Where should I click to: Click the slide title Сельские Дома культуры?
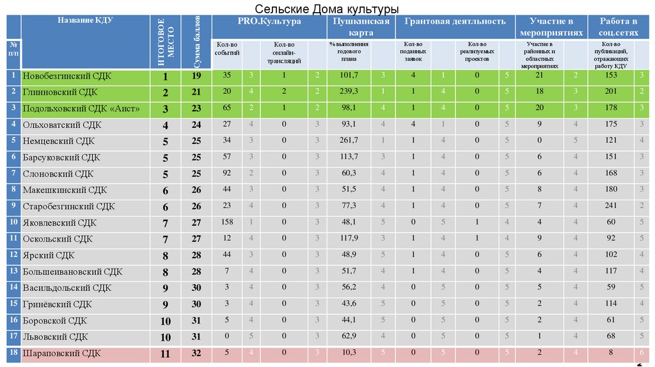point(327,9)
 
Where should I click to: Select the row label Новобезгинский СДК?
point(67,76)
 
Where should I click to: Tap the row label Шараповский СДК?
point(62,352)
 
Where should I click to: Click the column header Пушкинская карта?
point(358,26)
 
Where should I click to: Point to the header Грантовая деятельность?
point(455,22)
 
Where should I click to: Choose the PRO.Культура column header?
point(269,22)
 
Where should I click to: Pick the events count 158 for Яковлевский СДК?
point(226,223)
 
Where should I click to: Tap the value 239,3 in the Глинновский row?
point(349,92)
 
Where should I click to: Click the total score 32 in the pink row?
point(196,352)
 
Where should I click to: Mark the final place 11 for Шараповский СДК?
point(165,352)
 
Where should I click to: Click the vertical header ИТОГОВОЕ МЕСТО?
point(165,42)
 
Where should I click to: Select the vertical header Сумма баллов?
point(196,42)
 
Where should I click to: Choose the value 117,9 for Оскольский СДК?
point(349,238)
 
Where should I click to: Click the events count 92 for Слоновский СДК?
point(226,173)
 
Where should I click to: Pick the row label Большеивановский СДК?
point(72,271)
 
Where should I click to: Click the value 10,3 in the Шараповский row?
point(349,352)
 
